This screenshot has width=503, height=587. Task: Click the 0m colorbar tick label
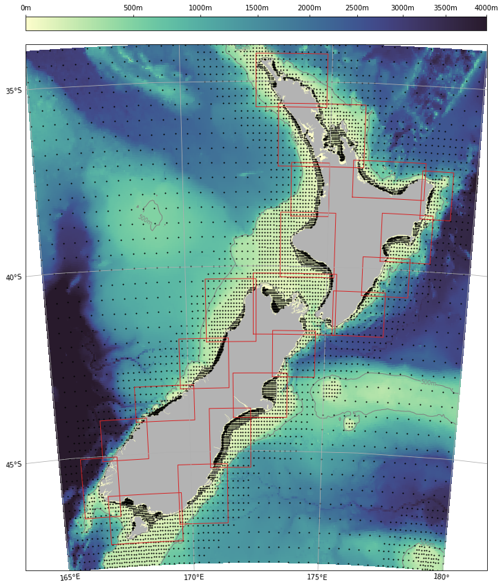[26, 7]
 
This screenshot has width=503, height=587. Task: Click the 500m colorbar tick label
[133, 7]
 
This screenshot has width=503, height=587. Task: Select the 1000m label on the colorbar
[200, 7]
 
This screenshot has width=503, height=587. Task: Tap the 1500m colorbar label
[257, 7]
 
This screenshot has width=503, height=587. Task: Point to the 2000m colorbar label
[308, 7]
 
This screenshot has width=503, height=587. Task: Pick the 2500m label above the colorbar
[357, 7]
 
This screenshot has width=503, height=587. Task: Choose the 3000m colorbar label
[402, 7]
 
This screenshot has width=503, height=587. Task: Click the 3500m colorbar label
[444, 7]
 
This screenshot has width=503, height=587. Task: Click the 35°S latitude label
[14, 91]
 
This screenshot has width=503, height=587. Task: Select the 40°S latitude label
[14, 278]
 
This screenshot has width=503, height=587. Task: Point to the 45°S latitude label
[14, 465]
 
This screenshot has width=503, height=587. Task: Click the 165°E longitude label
[70, 578]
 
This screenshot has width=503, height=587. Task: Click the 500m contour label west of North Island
[145, 219]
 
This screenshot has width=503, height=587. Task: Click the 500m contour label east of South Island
[428, 382]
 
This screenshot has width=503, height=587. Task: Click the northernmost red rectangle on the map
[292, 79]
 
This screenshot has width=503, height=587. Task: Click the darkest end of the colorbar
[483, 24]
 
